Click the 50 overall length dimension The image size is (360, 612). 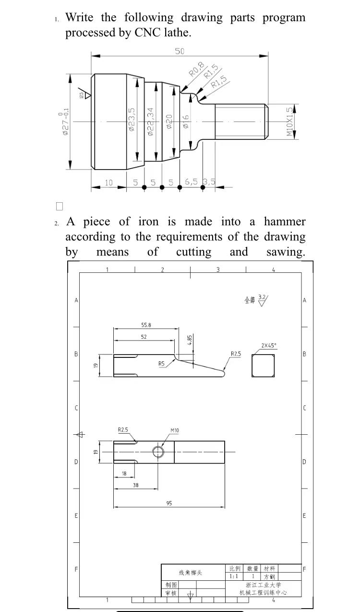pos(180,51)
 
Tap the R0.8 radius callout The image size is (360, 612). pos(197,69)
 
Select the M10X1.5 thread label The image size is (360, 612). pos(290,121)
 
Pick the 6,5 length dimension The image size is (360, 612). pos(191,182)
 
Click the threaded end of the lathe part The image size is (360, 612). pos(240,122)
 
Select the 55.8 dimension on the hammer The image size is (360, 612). pos(145,325)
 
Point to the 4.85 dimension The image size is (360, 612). pos(190,339)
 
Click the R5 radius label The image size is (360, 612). pos(162,364)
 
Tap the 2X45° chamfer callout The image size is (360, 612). pos(269,345)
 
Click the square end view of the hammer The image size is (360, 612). pos(263,366)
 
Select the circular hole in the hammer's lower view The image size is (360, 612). pos(158,452)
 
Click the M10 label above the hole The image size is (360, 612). pos(175,430)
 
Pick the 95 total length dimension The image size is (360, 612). pos(169,503)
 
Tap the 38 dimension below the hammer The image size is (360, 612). pos(135,485)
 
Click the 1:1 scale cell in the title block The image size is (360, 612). pos(234,576)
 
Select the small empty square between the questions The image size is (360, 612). pos(60,207)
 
